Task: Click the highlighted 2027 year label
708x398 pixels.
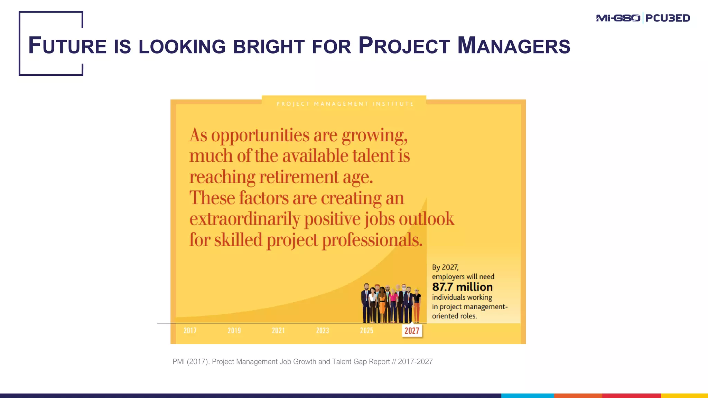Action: pos(412,331)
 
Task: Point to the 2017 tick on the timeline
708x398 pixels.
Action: pos(190,331)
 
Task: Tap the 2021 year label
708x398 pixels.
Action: pos(278,331)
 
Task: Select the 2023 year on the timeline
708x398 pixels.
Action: pos(323,331)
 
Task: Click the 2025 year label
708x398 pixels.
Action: pos(367,331)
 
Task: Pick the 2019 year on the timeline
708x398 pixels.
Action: pos(234,331)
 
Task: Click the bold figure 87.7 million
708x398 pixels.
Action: pos(462,287)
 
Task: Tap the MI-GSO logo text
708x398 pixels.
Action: pos(618,18)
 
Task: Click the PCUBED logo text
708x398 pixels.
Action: pos(668,18)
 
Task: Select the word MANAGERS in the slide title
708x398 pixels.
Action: pos(514,46)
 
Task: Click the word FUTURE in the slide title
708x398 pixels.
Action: pos(67,46)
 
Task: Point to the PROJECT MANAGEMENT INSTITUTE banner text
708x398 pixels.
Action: pos(345,104)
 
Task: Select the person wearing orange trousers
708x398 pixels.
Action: pos(417,306)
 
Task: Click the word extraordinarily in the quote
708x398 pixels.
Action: pos(245,219)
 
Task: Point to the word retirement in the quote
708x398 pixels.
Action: pos(299,177)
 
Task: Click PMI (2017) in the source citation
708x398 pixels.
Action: pos(191,362)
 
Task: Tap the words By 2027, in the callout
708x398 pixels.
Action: pos(445,267)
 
